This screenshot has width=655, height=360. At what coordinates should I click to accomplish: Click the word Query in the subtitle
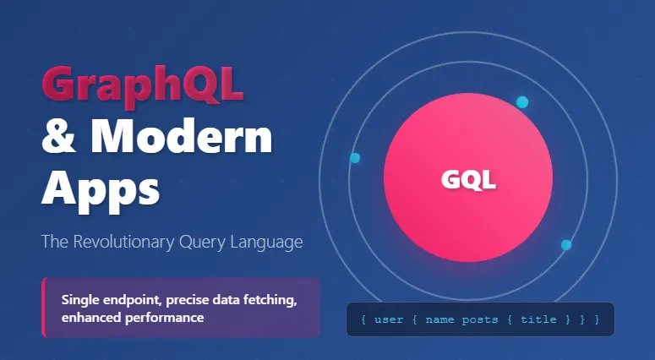(200, 243)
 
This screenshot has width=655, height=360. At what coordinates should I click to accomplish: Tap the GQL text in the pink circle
(468, 179)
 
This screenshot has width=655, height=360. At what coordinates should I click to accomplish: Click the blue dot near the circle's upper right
(521, 102)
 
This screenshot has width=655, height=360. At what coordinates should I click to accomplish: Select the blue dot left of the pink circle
(355, 158)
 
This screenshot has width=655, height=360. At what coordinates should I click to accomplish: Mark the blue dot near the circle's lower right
(566, 245)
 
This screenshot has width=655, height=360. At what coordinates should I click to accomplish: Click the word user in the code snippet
(388, 319)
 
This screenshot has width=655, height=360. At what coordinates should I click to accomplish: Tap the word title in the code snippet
(539, 319)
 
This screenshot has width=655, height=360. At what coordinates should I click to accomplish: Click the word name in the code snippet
(439, 319)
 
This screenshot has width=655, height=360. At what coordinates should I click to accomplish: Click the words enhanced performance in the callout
(132, 318)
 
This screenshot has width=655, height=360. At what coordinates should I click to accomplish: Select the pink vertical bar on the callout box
(43, 308)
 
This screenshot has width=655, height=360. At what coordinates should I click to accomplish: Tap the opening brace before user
(363, 319)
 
